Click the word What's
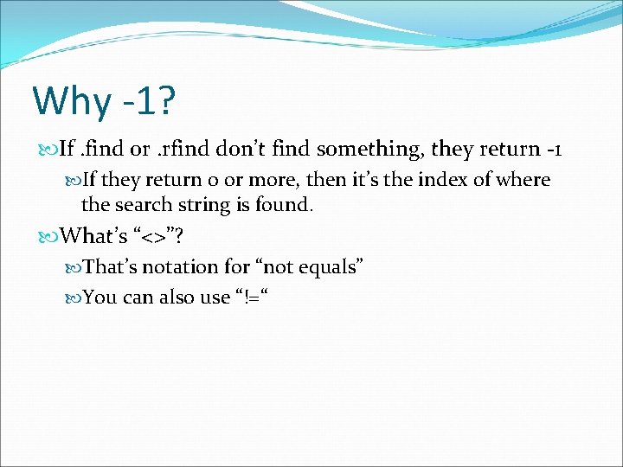coord(93,235)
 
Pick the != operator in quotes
coord(252,297)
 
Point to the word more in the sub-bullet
coord(262,180)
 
